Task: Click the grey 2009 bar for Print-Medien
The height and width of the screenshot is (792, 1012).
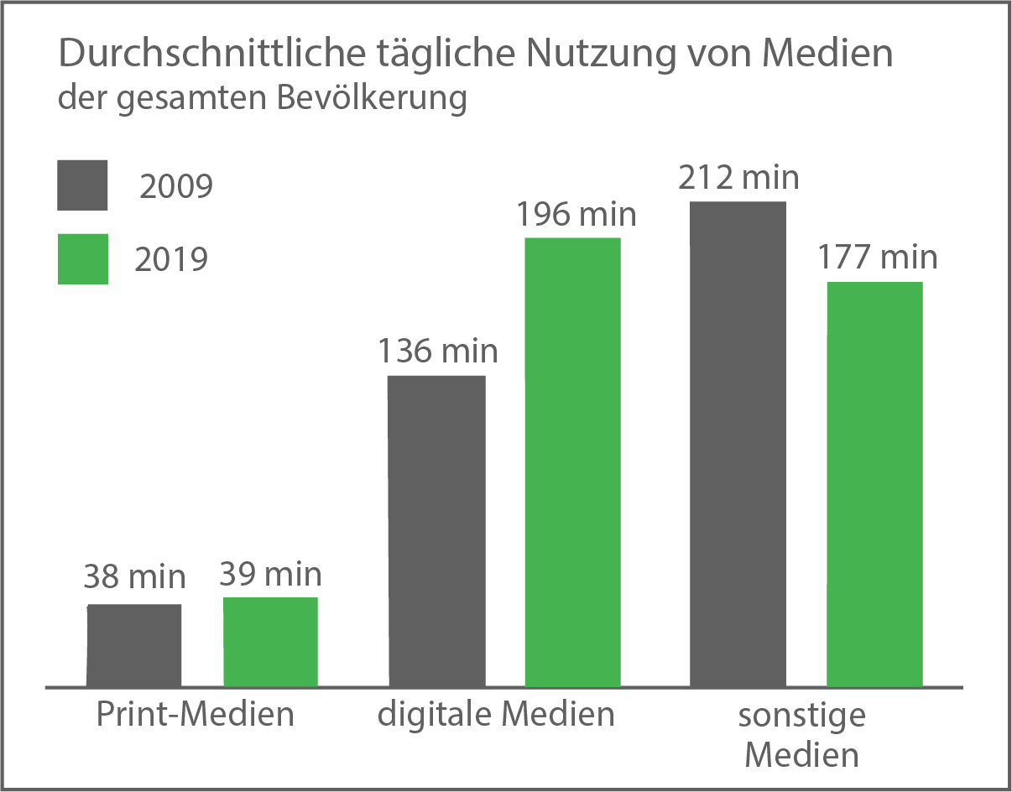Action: (134, 644)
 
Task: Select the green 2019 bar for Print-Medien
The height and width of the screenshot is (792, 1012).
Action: (270, 642)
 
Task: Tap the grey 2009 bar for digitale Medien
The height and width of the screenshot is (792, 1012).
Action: (436, 530)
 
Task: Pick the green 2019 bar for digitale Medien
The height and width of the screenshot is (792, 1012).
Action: (572, 462)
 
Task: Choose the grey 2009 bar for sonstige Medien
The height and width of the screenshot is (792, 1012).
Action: (738, 444)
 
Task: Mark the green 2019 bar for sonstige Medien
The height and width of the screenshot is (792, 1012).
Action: (874, 484)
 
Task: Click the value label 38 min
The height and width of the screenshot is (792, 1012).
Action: (134, 577)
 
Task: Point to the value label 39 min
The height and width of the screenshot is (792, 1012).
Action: (270, 574)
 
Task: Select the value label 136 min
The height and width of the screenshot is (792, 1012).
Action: (437, 351)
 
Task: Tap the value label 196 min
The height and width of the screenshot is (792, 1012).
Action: (576, 214)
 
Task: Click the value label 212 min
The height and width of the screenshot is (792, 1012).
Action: (738, 178)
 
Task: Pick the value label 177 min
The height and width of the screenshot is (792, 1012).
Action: (877, 257)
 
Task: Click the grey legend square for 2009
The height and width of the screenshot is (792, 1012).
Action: (82, 185)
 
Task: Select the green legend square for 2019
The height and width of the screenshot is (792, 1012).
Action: (82, 258)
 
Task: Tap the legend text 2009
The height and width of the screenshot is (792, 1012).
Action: (175, 186)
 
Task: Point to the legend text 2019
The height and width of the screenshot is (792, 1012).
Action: (171, 260)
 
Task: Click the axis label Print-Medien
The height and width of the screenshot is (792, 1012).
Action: (195, 715)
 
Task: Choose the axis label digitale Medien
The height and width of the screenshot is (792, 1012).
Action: (496, 715)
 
